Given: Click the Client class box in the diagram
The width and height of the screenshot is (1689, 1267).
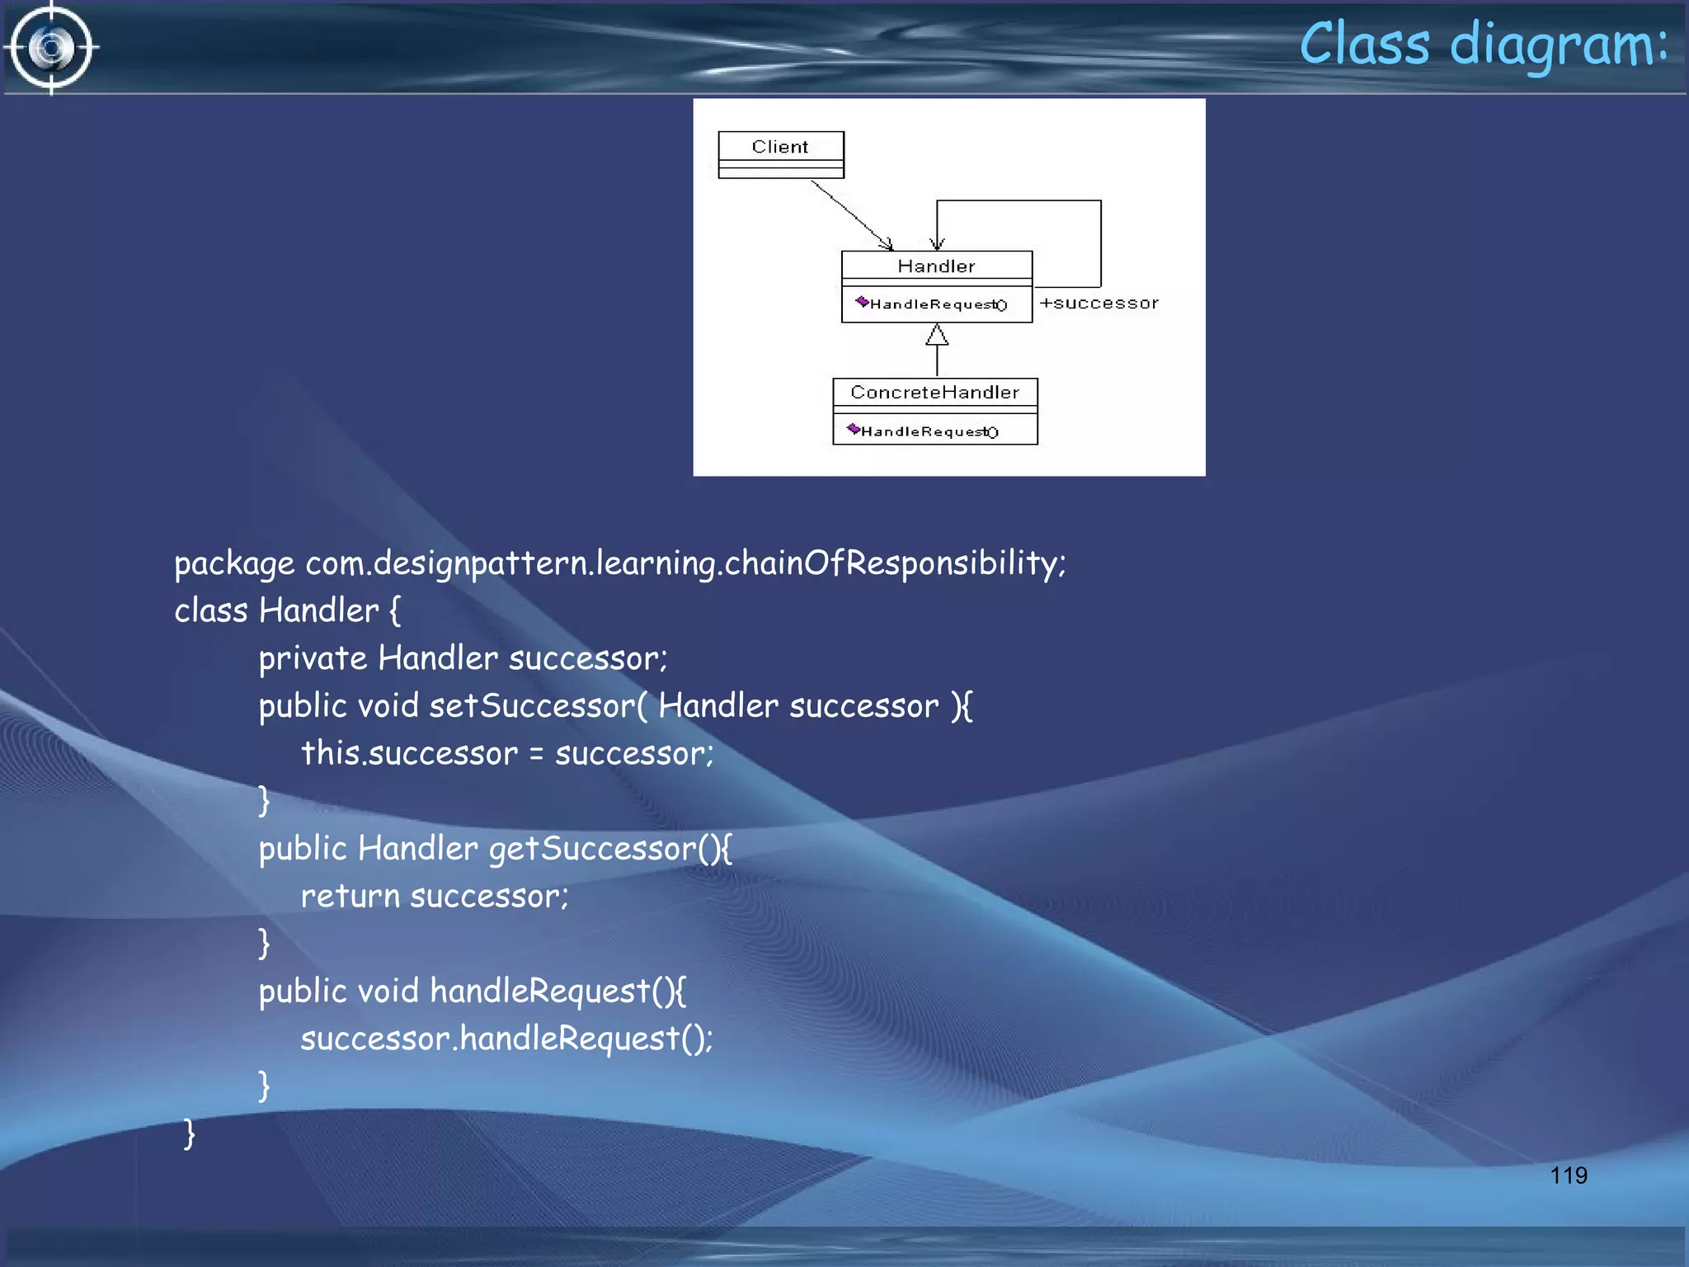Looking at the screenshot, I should pyautogui.click(x=780, y=153).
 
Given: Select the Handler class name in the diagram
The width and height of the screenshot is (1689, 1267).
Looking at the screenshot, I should pyautogui.click(x=936, y=266).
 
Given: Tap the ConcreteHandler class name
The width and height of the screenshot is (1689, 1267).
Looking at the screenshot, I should pyautogui.click(x=934, y=393).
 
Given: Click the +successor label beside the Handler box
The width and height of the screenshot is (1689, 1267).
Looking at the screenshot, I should pyautogui.click(x=1099, y=304).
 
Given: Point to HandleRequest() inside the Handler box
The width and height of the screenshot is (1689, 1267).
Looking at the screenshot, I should pyautogui.click(x=938, y=304).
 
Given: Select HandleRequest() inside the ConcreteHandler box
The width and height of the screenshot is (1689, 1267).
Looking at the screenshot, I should pyautogui.click(x=929, y=431).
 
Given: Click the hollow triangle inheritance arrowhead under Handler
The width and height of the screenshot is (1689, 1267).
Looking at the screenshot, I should pyautogui.click(x=937, y=335).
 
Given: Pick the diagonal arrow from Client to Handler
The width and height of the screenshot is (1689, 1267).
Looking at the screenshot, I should pyautogui.click(x=851, y=214).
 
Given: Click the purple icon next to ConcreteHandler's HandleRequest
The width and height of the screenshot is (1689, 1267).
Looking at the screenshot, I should pyautogui.click(x=853, y=429).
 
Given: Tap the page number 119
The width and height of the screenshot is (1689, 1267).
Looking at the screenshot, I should pyautogui.click(x=1568, y=1175).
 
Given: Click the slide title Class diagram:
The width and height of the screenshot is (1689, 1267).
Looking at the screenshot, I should pyautogui.click(x=1483, y=45).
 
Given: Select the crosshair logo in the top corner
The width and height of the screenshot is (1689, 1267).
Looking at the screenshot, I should pyautogui.click(x=51, y=48).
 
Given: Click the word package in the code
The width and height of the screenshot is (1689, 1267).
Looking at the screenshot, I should pyautogui.click(x=234, y=564).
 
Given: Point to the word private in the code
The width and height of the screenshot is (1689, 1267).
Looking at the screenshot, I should pyautogui.click(x=313, y=659).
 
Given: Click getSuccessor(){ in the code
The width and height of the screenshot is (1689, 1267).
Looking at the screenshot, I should pyautogui.click(x=609, y=849).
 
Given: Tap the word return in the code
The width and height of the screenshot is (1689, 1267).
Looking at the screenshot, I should pyautogui.click(x=350, y=896).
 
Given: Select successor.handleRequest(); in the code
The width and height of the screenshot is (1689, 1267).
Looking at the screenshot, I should pyautogui.click(x=506, y=1039).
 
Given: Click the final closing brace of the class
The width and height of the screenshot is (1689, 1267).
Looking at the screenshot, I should pyautogui.click(x=189, y=1133).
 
